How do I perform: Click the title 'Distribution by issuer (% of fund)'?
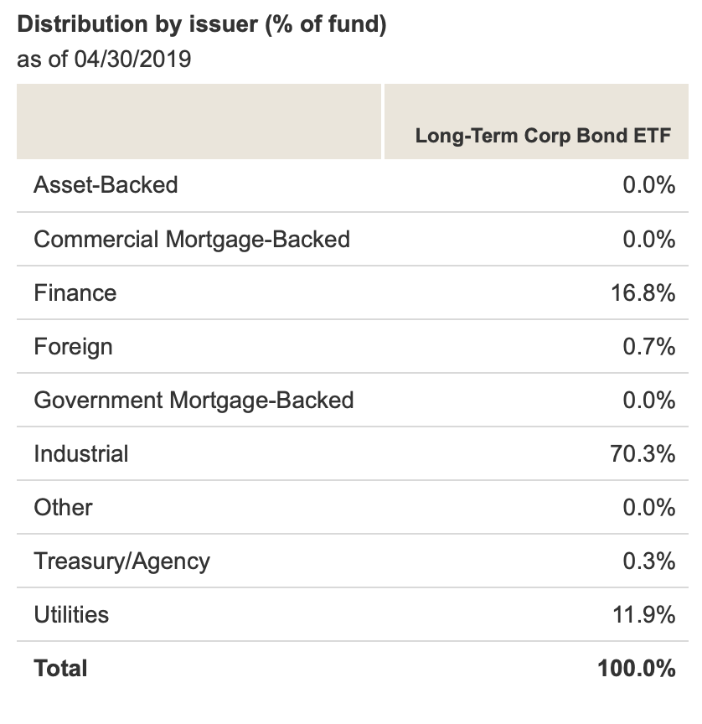click(202, 24)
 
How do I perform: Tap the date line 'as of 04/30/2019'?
click(104, 60)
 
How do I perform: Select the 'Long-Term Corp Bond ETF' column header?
click(543, 136)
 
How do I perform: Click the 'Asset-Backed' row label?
click(106, 185)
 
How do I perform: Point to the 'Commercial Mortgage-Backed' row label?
click(192, 240)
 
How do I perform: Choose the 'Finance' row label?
click(75, 293)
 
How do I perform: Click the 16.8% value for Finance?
click(643, 293)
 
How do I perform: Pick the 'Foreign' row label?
click(73, 347)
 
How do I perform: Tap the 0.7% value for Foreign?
click(648, 347)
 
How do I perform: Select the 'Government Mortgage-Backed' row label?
click(194, 401)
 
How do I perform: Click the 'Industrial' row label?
click(81, 454)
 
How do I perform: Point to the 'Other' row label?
click(63, 508)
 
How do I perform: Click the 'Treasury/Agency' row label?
click(121, 561)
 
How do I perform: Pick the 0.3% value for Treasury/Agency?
click(648, 561)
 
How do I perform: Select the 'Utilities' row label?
click(71, 615)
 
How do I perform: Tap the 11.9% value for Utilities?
click(643, 615)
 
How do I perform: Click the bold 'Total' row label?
click(60, 669)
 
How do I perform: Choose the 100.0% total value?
click(637, 669)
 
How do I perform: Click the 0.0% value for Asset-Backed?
click(648, 185)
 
